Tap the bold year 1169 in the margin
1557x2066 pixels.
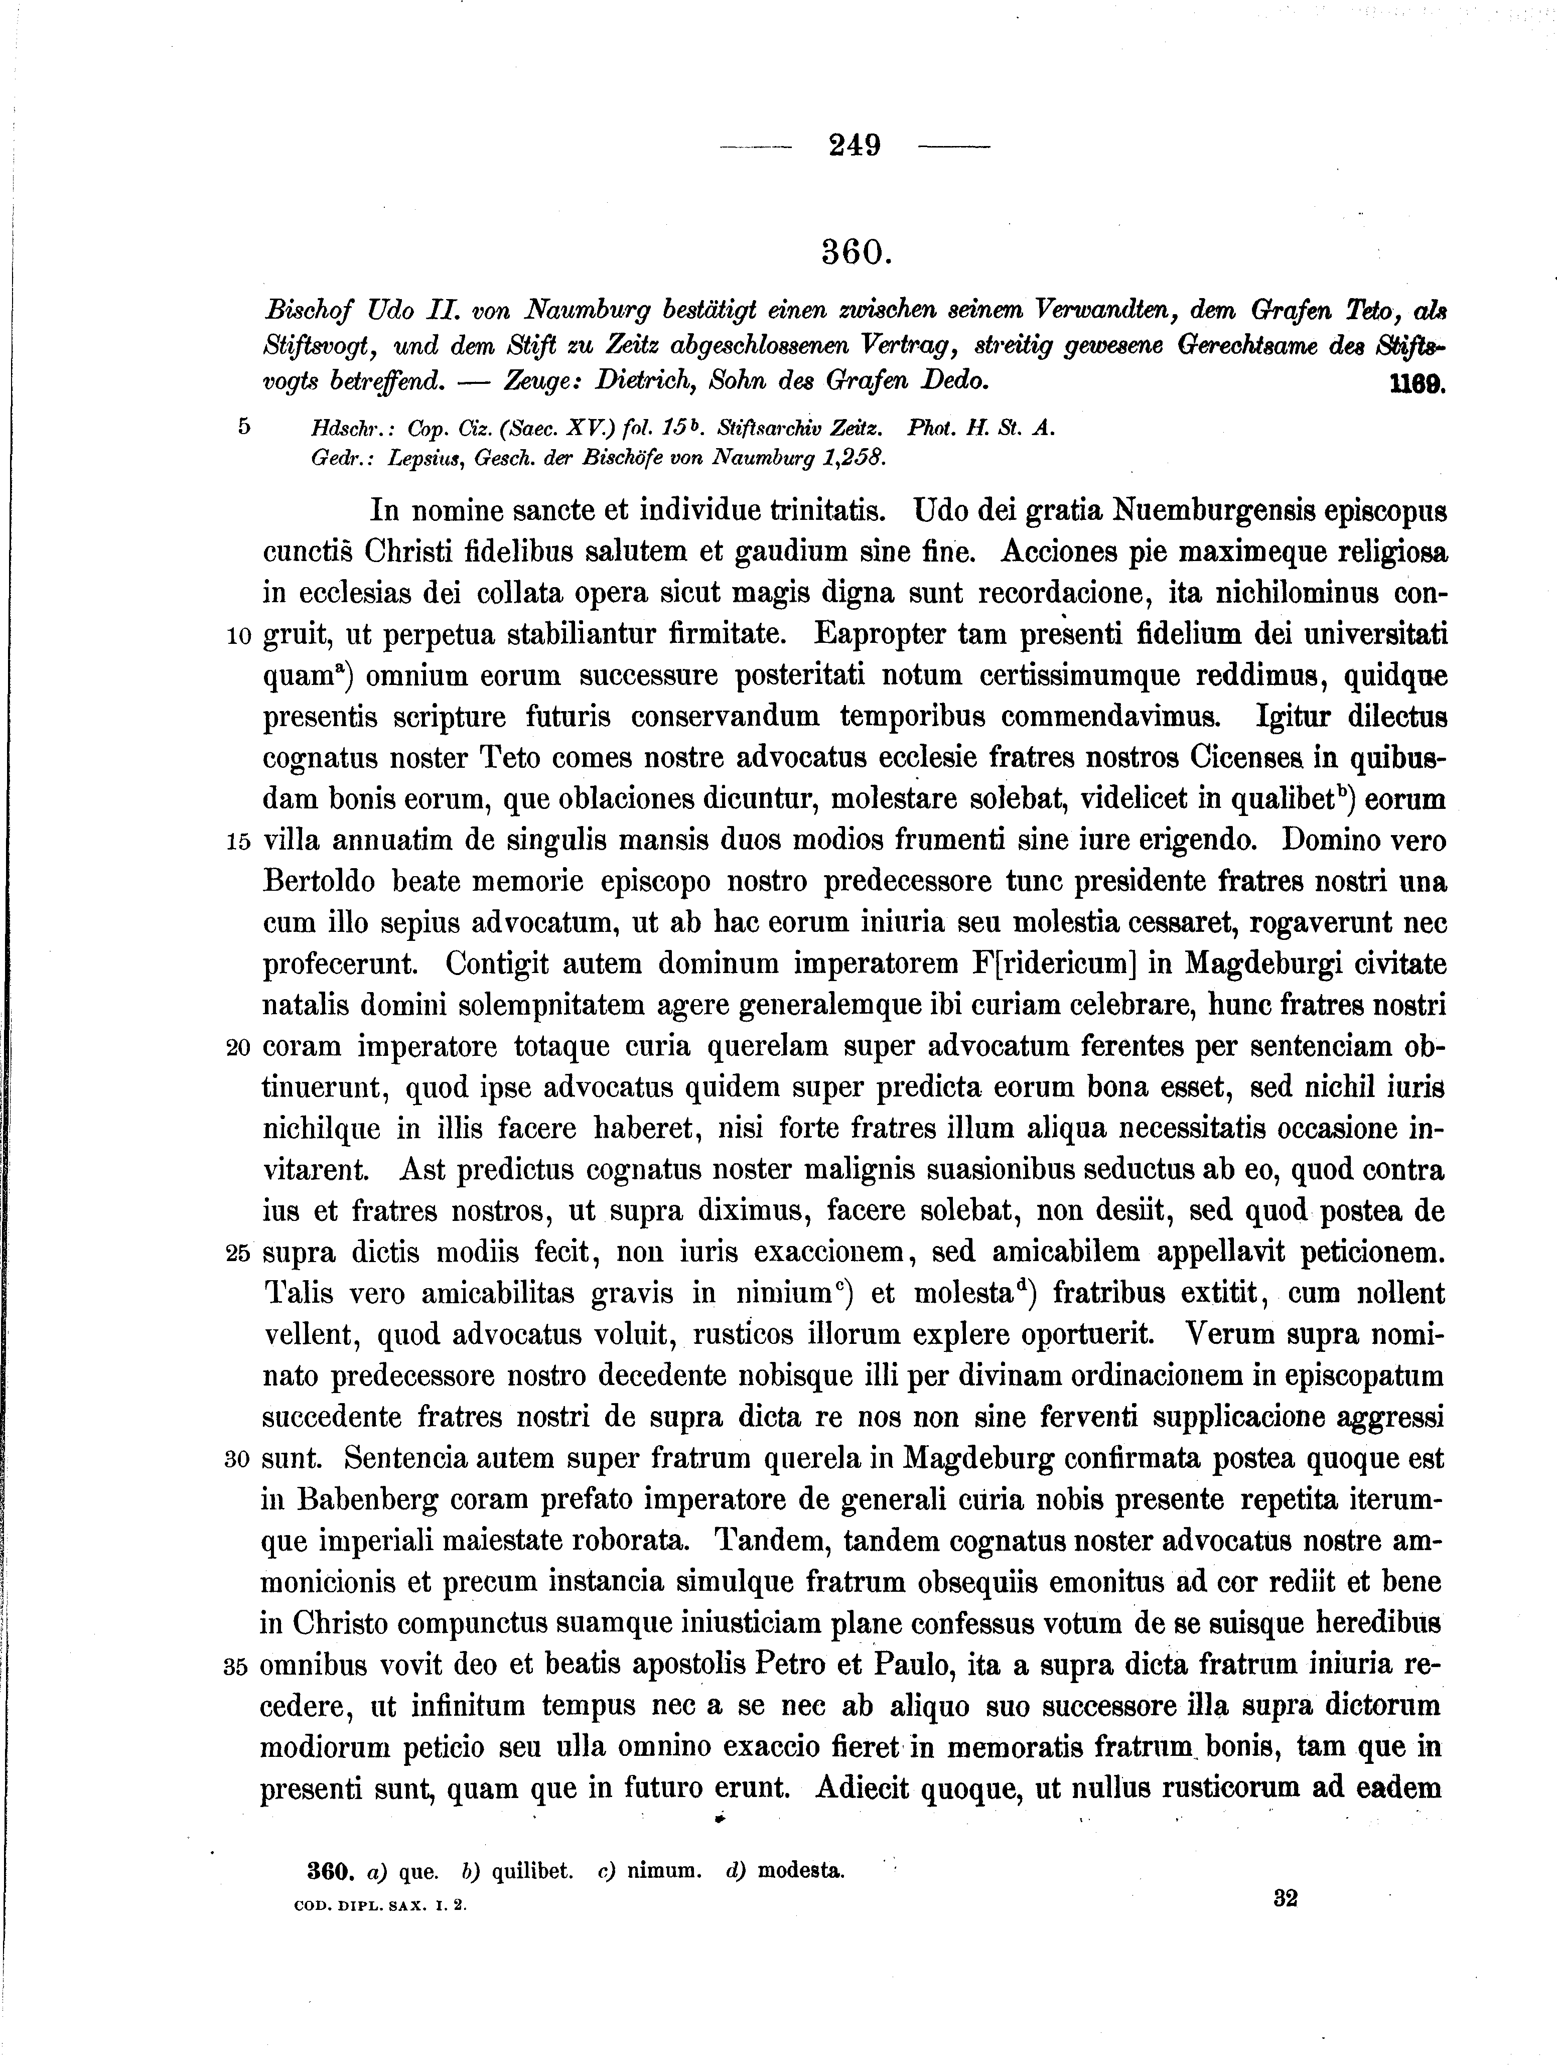[x=1417, y=383]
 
